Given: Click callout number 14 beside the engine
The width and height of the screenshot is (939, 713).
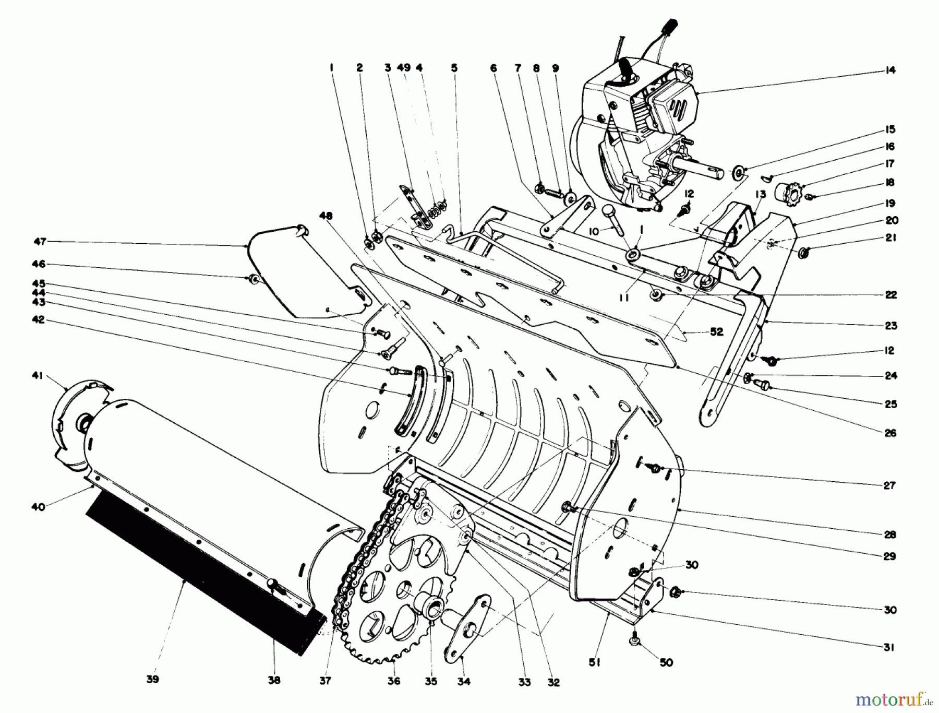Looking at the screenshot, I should click(x=890, y=70).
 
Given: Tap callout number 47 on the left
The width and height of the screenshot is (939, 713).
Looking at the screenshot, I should click(x=40, y=242).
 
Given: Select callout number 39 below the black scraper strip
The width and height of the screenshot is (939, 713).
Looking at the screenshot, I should click(x=153, y=680).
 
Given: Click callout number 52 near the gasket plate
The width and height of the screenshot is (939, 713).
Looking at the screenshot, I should click(x=717, y=332).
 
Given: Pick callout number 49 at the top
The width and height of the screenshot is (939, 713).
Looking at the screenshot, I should click(x=403, y=68).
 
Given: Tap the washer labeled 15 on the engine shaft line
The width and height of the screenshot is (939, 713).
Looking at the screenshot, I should click(x=738, y=172).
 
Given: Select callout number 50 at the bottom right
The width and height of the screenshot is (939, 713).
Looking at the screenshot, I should click(x=666, y=662).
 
